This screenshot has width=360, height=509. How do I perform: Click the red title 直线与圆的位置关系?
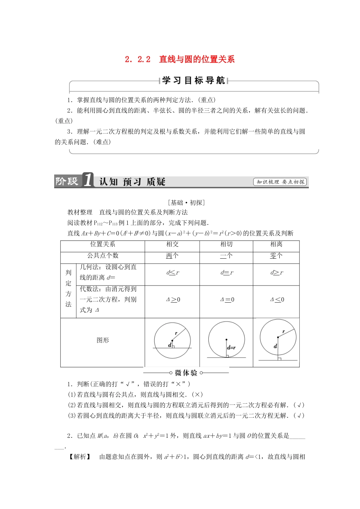click(197, 59)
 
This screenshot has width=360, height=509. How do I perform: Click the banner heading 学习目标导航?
click(194, 80)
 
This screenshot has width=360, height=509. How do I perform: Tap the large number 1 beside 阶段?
click(88, 180)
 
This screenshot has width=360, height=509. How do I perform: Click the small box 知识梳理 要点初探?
click(280, 182)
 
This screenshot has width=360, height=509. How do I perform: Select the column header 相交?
click(172, 245)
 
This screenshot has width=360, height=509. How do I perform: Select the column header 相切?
click(226, 245)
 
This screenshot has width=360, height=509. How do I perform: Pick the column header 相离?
click(276, 245)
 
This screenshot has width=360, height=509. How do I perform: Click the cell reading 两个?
click(172, 256)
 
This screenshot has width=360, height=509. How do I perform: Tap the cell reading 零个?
click(276, 256)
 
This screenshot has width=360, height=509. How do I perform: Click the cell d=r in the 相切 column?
click(227, 273)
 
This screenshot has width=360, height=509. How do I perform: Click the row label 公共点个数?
click(103, 256)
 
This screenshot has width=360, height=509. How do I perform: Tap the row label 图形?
click(103, 340)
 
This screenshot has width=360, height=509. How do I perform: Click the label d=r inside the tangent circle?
click(231, 348)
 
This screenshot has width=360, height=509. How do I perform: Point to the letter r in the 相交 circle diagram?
click(176, 333)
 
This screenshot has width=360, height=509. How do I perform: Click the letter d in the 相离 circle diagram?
click(275, 346)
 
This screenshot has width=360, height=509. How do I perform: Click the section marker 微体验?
click(186, 373)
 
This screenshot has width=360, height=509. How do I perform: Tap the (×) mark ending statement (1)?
click(198, 395)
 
